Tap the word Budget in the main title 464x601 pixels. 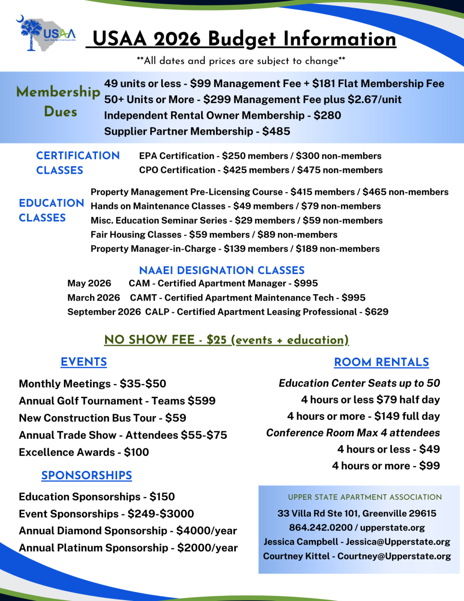point(244,39)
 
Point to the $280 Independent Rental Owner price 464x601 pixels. point(327,115)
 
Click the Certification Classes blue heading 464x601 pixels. point(78,163)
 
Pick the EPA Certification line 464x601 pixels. point(260,156)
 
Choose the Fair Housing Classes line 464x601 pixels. point(214,234)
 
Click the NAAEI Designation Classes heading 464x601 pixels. point(222,271)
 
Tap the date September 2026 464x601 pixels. point(104,312)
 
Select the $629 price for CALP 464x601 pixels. point(376,312)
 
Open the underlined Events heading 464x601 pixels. point(84,362)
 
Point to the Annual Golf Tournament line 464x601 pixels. point(117,401)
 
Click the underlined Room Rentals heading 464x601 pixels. point(381,363)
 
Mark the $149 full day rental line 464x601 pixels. point(363,416)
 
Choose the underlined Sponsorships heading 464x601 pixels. point(87,476)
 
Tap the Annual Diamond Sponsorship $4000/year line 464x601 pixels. point(128,530)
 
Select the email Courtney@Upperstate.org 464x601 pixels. point(394,556)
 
